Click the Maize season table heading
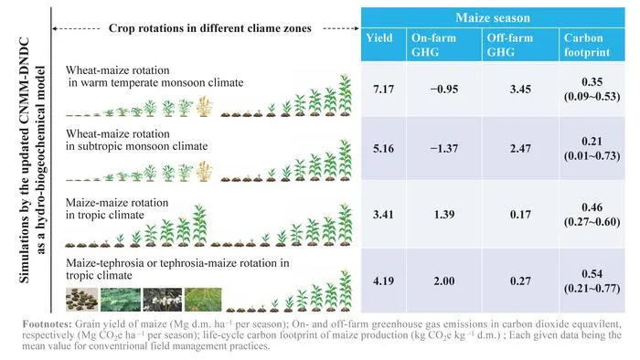493,17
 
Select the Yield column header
379,37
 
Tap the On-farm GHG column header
433,45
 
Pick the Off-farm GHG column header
510,45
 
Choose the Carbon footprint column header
587,45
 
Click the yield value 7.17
383,89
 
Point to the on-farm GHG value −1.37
444,148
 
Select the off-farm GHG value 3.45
520,89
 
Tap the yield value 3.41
383,214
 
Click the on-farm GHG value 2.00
444,281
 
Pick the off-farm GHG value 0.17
520,214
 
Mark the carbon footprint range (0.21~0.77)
592,289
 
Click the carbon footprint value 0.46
592,207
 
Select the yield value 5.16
383,148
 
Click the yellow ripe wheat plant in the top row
204,106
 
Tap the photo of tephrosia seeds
82,300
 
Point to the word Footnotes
47,324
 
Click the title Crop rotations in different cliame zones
209,28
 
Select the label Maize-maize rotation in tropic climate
117,208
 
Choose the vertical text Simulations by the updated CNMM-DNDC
25,160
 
